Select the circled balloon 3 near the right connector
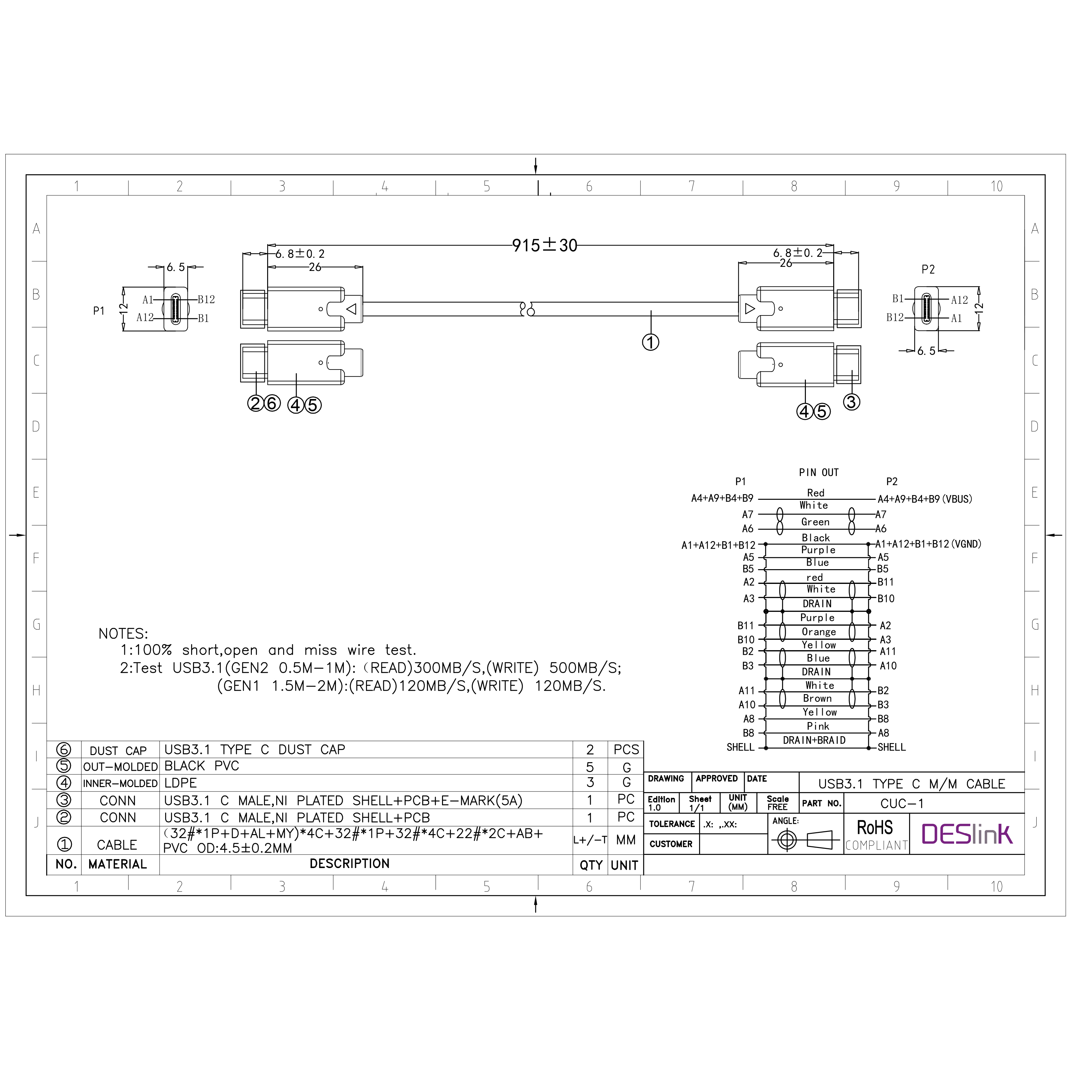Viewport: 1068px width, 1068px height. tap(851, 402)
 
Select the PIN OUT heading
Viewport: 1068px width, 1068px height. tap(819, 473)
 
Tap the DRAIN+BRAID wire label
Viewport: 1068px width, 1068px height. tap(814, 740)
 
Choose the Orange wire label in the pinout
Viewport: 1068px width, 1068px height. tap(819, 632)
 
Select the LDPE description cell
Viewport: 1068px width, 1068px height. tap(181, 783)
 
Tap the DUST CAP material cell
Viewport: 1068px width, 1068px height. tap(118, 751)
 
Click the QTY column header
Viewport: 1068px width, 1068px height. tap(591, 865)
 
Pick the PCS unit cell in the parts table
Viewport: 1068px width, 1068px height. tap(626, 750)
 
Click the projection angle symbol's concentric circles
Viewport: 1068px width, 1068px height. tap(787, 840)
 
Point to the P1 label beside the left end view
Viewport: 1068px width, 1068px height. tap(99, 311)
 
